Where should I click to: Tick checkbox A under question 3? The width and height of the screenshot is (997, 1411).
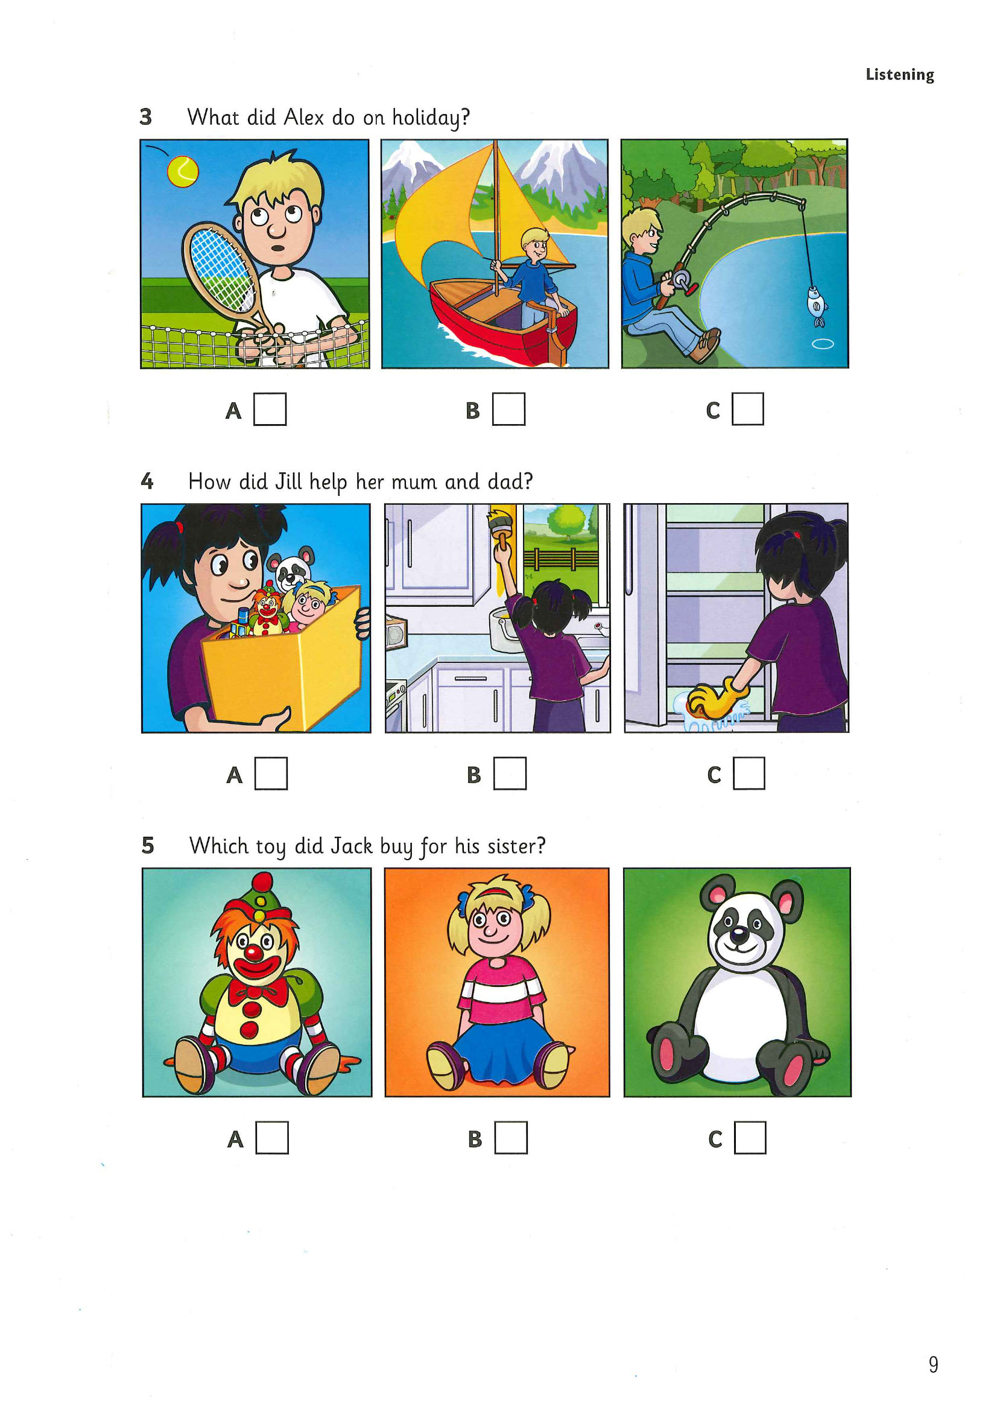pos(270,408)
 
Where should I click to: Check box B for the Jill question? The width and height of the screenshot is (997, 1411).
pos(510,773)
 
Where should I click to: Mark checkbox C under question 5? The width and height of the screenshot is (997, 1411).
pos(750,1138)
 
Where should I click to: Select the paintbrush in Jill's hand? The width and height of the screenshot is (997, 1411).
pos(501,525)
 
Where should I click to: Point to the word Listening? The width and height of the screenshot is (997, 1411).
pos(899,75)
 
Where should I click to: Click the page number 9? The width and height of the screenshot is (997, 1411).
pos(933,1365)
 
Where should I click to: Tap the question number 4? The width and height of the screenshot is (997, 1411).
pos(147,481)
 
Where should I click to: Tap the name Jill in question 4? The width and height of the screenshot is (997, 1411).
pos(288,481)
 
